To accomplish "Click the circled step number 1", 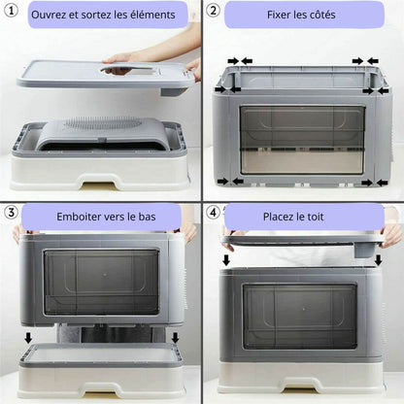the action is click(11, 11).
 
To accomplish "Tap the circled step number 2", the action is click(213, 11).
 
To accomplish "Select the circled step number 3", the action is click(11, 213).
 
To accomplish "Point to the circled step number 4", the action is click(213, 213).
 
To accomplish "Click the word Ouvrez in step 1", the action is click(49, 15).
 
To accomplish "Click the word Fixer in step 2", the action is click(278, 15).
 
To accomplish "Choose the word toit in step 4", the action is click(316, 217).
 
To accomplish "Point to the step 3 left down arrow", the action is click(28, 338).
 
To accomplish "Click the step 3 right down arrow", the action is click(175, 338).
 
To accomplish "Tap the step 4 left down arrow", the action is click(226, 259).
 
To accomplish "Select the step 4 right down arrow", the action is click(378, 259).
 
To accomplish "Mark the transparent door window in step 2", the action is click(302, 140).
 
